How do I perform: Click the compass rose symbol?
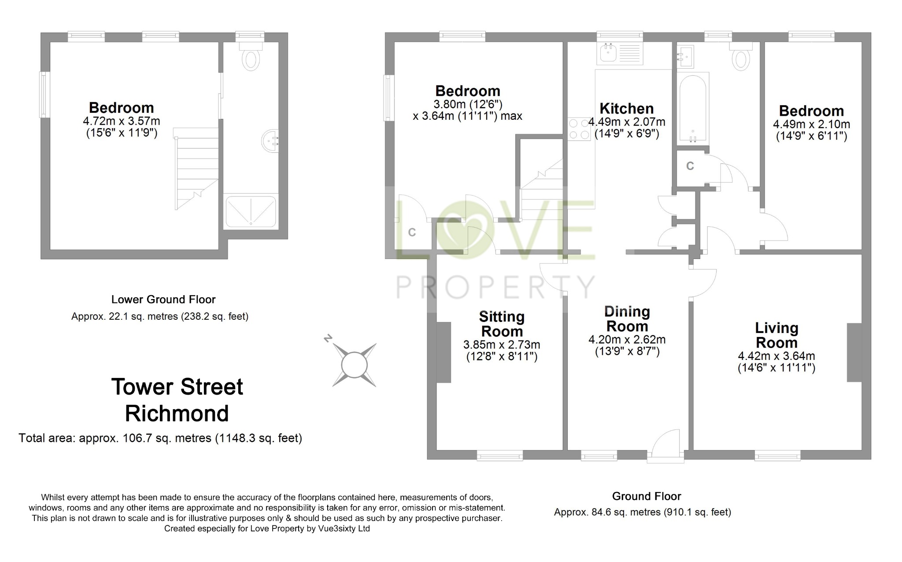click(x=354, y=365)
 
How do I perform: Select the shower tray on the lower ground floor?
click(x=251, y=212)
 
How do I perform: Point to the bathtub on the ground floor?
click(x=693, y=108)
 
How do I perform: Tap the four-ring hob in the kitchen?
click(x=579, y=129)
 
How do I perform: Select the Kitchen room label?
click(x=626, y=108)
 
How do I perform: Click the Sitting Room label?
click(x=502, y=324)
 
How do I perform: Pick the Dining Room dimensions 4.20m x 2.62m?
click(x=627, y=340)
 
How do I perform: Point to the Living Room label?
click(x=776, y=335)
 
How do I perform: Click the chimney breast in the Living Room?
click(x=854, y=352)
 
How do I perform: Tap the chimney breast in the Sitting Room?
click(x=444, y=352)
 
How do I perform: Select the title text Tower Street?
click(x=177, y=387)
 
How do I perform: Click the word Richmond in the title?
click(x=177, y=414)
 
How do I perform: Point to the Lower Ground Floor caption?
click(x=163, y=299)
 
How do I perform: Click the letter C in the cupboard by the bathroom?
click(x=690, y=166)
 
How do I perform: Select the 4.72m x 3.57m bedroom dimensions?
click(x=121, y=121)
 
